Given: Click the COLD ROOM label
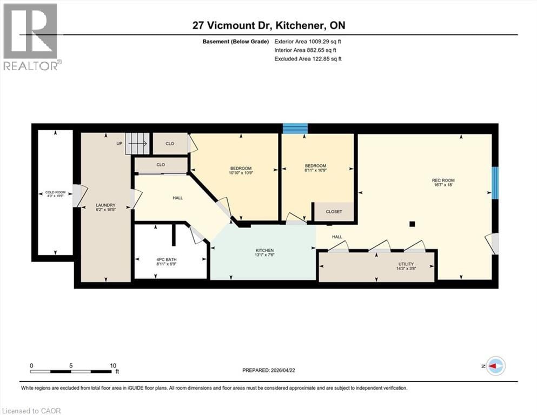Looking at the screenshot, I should click(x=55, y=192).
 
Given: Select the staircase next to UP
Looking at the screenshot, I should click(x=136, y=143).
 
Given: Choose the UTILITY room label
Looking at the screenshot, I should click(x=406, y=264).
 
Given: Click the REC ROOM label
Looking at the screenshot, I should click(x=443, y=180).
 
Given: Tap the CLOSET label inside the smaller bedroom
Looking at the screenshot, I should click(x=334, y=212).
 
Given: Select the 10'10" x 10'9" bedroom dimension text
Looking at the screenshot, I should click(x=242, y=173).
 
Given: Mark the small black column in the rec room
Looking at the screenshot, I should click(x=412, y=223).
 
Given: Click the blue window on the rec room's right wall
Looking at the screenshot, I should click(x=494, y=183).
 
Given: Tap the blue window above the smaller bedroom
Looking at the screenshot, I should click(x=295, y=129).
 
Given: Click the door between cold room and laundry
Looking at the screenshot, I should click(x=78, y=196).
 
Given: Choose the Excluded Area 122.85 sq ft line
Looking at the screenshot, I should click(x=308, y=58).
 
